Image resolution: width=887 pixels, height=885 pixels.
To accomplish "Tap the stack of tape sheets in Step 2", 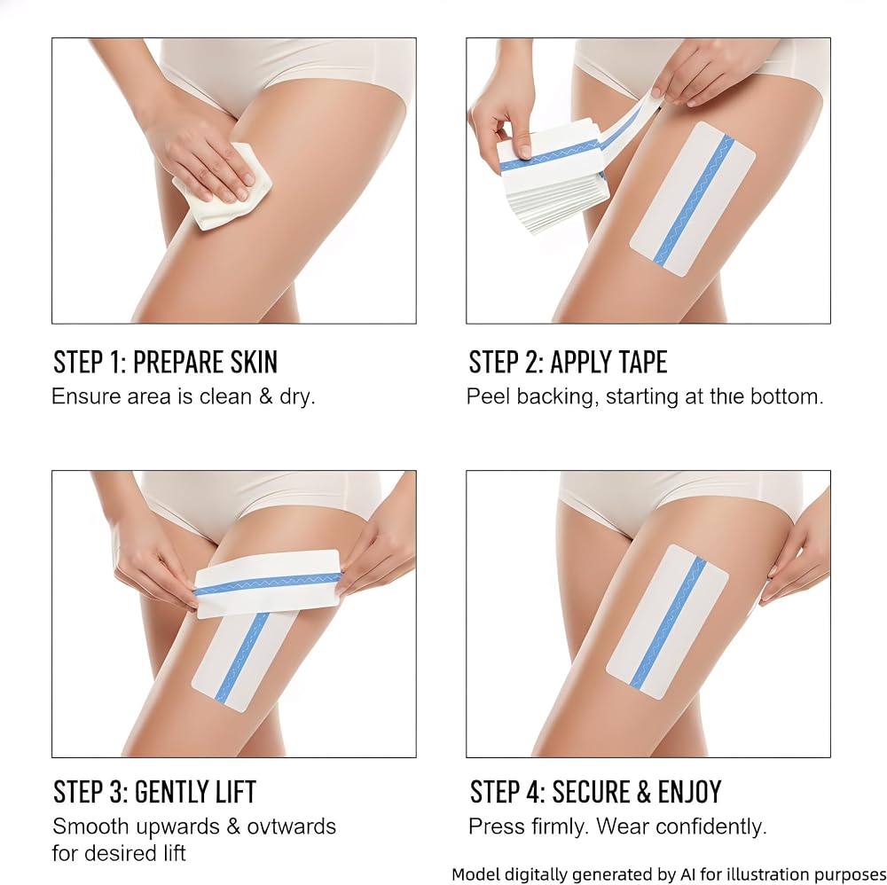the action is pyautogui.click(x=552, y=181).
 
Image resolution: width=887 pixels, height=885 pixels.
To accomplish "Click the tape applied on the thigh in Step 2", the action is pyautogui.click(x=693, y=199).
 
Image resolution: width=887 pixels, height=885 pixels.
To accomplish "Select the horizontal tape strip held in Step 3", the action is pyautogui.click(x=268, y=583).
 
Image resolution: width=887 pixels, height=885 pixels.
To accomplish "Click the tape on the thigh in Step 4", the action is pyautogui.click(x=668, y=622).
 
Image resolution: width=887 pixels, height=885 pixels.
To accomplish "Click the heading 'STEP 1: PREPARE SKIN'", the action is pyautogui.click(x=165, y=363).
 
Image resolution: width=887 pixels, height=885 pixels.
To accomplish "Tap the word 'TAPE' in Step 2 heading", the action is pyautogui.click(x=638, y=363).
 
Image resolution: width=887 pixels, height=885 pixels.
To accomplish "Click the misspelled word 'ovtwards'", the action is pyautogui.click(x=292, y=826).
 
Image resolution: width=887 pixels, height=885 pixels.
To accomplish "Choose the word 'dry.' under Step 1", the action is pyautogui.click(x=297, y=397).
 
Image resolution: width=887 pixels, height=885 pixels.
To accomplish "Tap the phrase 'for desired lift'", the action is pyautogui.click(x=119, y=853).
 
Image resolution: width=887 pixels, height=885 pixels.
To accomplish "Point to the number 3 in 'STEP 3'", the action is pyautogui.click(x=118, y=792).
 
